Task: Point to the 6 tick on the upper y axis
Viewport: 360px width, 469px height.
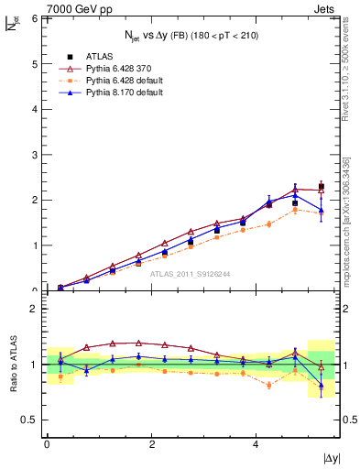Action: point(34,18)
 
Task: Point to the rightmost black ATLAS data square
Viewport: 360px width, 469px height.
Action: point(321,186)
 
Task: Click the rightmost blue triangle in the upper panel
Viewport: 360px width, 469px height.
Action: point(321,211)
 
